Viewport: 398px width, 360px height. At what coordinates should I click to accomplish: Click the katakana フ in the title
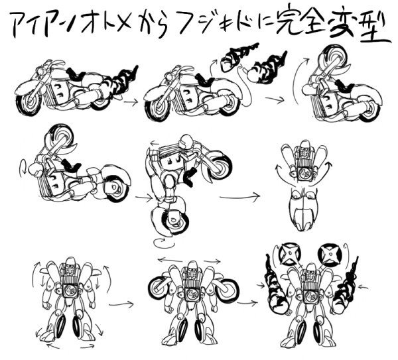200,25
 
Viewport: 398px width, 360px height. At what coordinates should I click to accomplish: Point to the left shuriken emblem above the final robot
289,253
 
